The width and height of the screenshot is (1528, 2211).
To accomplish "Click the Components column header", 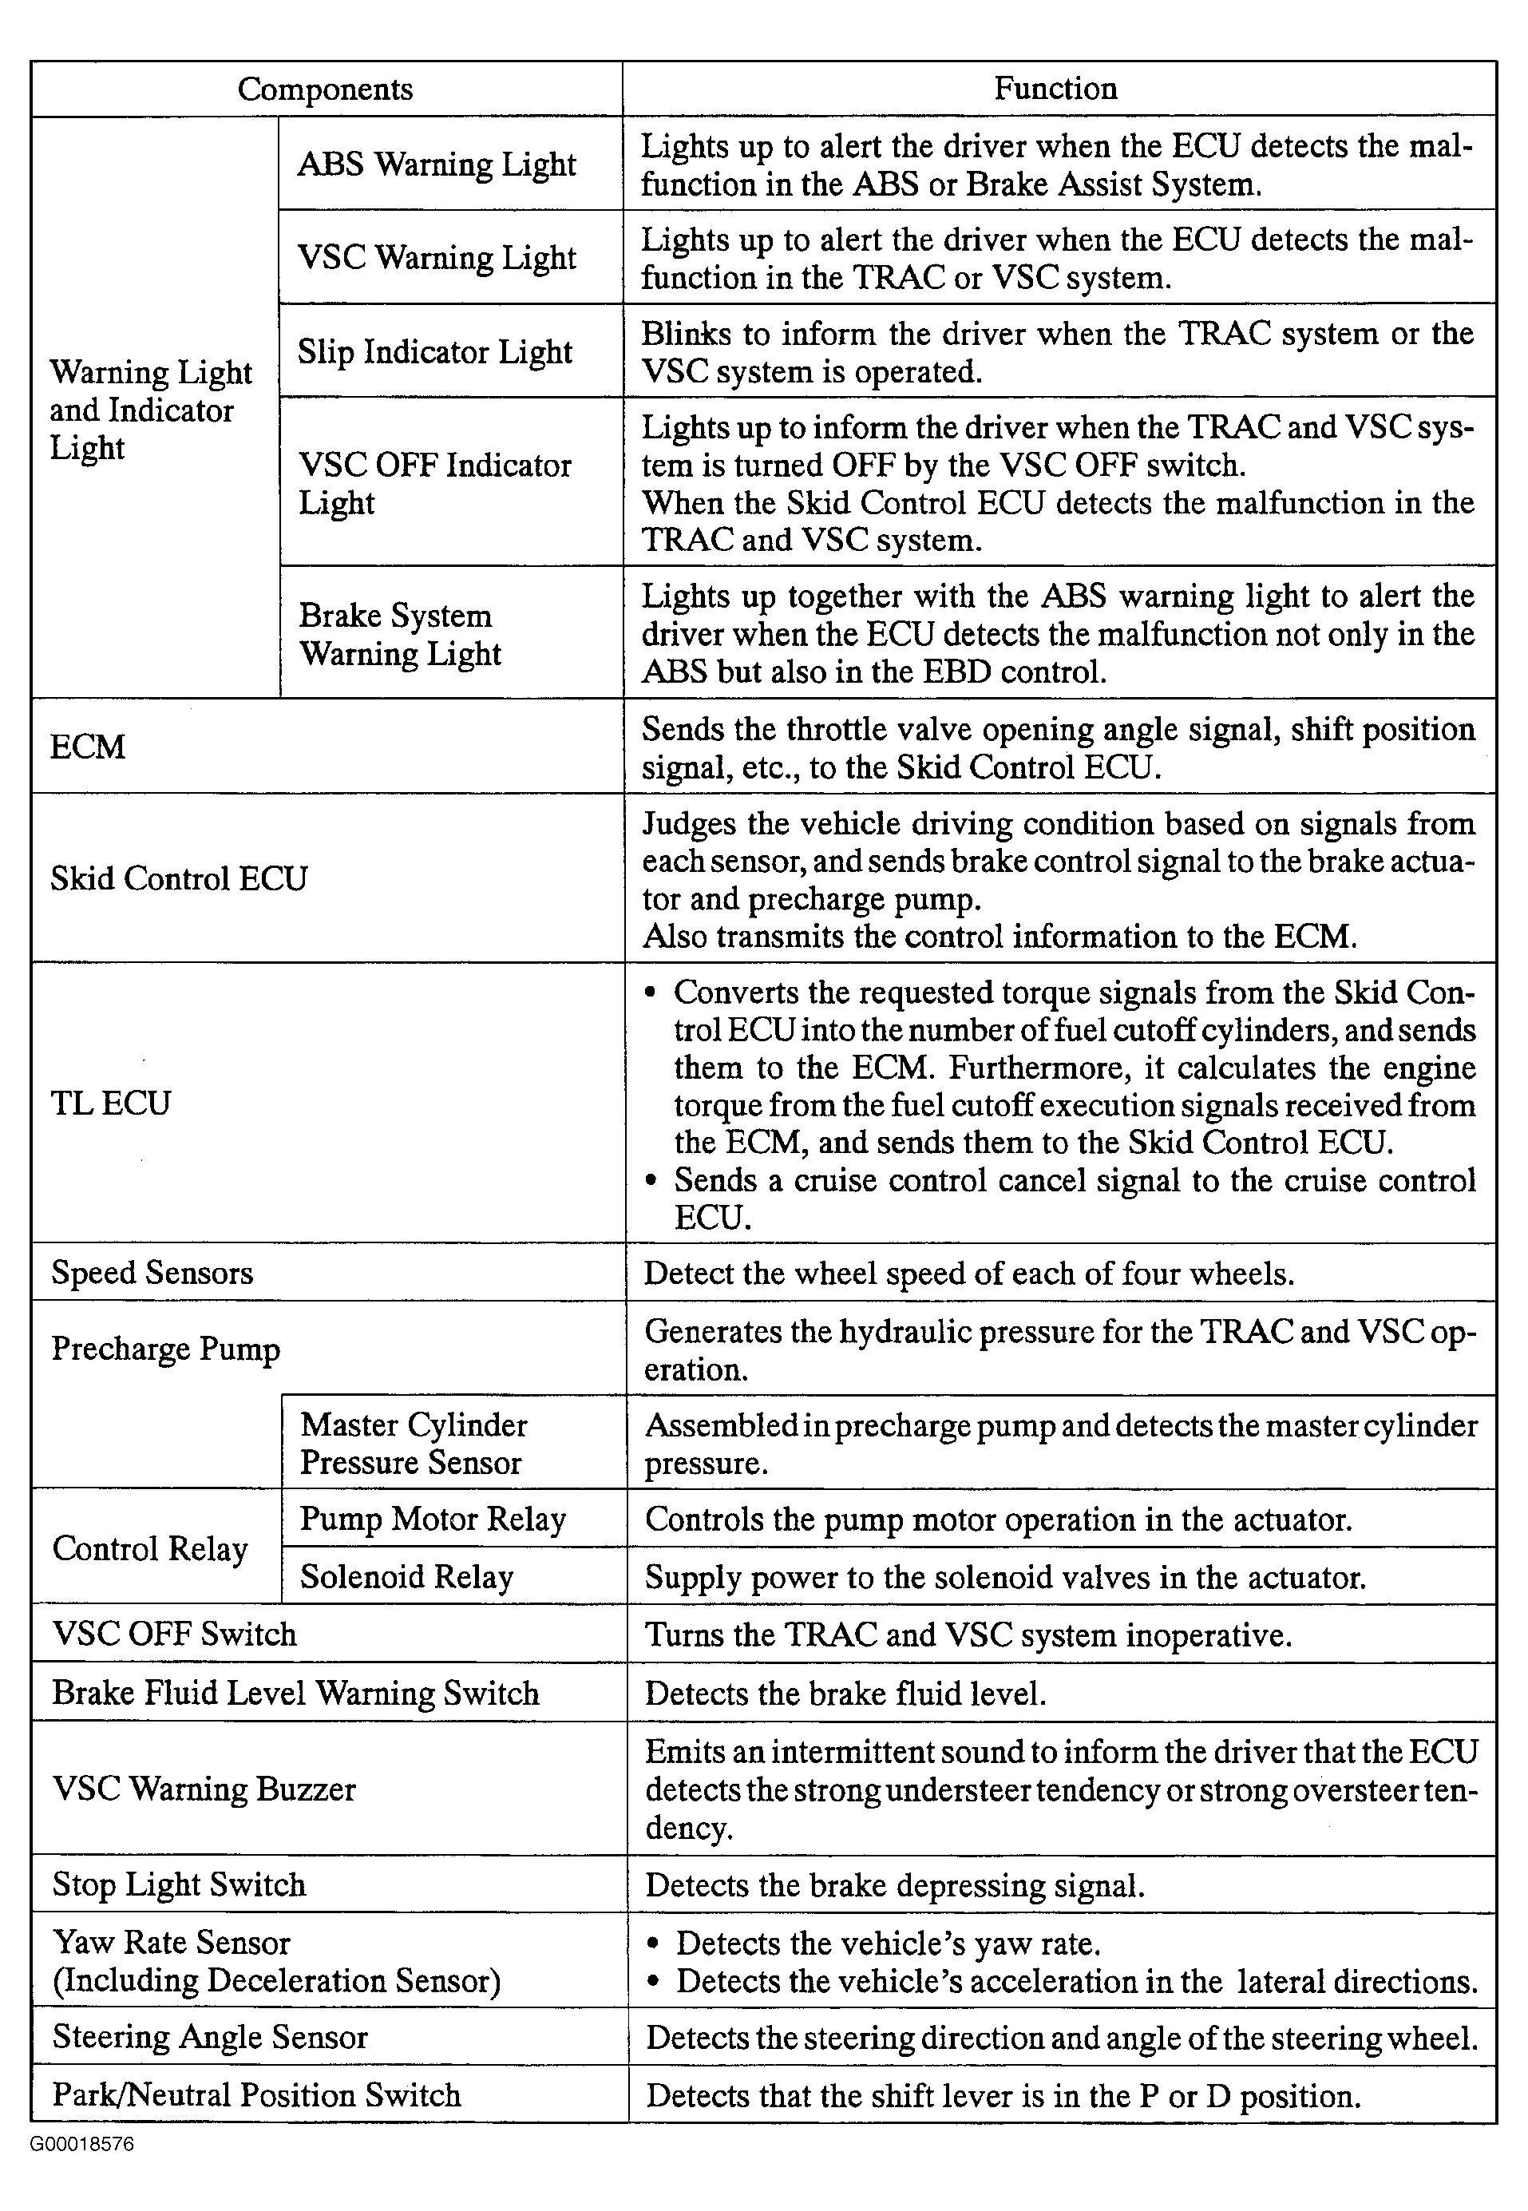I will pos(325,89).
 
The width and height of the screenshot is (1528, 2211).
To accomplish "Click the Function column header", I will pos(1055,89).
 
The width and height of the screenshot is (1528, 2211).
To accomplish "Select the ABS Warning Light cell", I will pos(437,164).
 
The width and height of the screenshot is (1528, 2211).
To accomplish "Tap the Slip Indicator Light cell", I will pos(434,351).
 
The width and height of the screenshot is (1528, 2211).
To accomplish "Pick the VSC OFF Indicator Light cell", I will pos(434,482).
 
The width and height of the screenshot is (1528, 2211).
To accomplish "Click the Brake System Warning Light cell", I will pos(400,634).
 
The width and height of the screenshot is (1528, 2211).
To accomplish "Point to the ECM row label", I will pos(88,747).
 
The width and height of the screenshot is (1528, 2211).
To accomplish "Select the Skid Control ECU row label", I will pos(179,879).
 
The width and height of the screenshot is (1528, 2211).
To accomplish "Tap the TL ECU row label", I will pos(111,1104).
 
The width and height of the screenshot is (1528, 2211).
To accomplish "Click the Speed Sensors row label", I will pos(152,1273).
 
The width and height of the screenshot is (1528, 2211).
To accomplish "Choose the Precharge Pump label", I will pos(165,1349).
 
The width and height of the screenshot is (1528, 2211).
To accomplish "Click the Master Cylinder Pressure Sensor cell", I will pos(413,1443).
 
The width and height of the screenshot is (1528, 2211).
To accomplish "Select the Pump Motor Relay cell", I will pos(433,1519).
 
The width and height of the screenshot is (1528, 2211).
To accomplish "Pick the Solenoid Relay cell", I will pos(407,1576).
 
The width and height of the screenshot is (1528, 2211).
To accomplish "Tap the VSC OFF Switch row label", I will pos(174,1634).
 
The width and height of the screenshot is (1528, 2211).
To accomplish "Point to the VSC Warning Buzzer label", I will pos(204,1789).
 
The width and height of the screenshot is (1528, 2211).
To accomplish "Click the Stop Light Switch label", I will pos(179,1884).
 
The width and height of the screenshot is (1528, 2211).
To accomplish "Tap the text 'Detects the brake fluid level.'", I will pos(845,1693).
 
